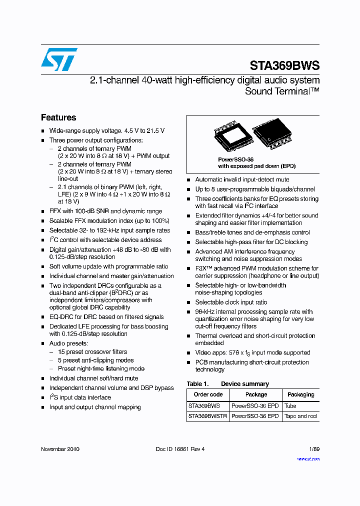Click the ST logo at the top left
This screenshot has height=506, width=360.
[59, 59]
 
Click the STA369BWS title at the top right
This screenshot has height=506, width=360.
[284, 65]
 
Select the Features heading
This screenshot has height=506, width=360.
[58, 117]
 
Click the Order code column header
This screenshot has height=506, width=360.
[208, 394]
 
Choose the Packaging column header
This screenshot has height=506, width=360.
[301, 394]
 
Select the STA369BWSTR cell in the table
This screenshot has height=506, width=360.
[208, 416]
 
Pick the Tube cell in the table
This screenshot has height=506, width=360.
[290, 406]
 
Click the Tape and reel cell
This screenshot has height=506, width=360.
[300, 416]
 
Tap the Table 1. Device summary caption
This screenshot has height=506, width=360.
[227, 384]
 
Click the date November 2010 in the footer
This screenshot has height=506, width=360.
[60, 449]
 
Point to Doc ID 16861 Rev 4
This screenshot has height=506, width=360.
[180, 449]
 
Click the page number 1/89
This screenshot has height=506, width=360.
[313, 449]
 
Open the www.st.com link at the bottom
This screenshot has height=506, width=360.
[308, 458]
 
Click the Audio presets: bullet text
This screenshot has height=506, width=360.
[68, 343]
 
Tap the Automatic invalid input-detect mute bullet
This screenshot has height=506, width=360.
[242, 179]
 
